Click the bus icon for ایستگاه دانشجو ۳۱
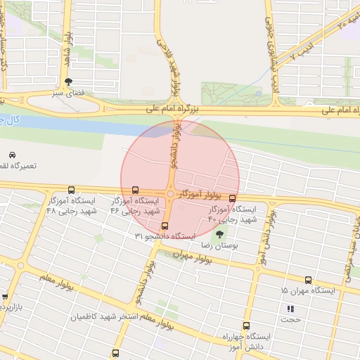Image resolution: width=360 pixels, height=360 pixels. point(165,226)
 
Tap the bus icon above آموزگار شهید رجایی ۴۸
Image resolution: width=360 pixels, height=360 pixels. point(71,190)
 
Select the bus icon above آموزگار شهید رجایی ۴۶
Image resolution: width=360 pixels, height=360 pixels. point(135,190)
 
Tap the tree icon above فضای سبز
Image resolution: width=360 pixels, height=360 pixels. point(67,82)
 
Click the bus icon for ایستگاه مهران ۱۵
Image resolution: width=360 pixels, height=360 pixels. point(309,280)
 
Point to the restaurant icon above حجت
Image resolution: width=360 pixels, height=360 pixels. point(290,309)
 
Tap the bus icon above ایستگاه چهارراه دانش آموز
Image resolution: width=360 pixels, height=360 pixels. point(246,326)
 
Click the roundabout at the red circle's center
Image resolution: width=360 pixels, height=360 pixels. point(171,194)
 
